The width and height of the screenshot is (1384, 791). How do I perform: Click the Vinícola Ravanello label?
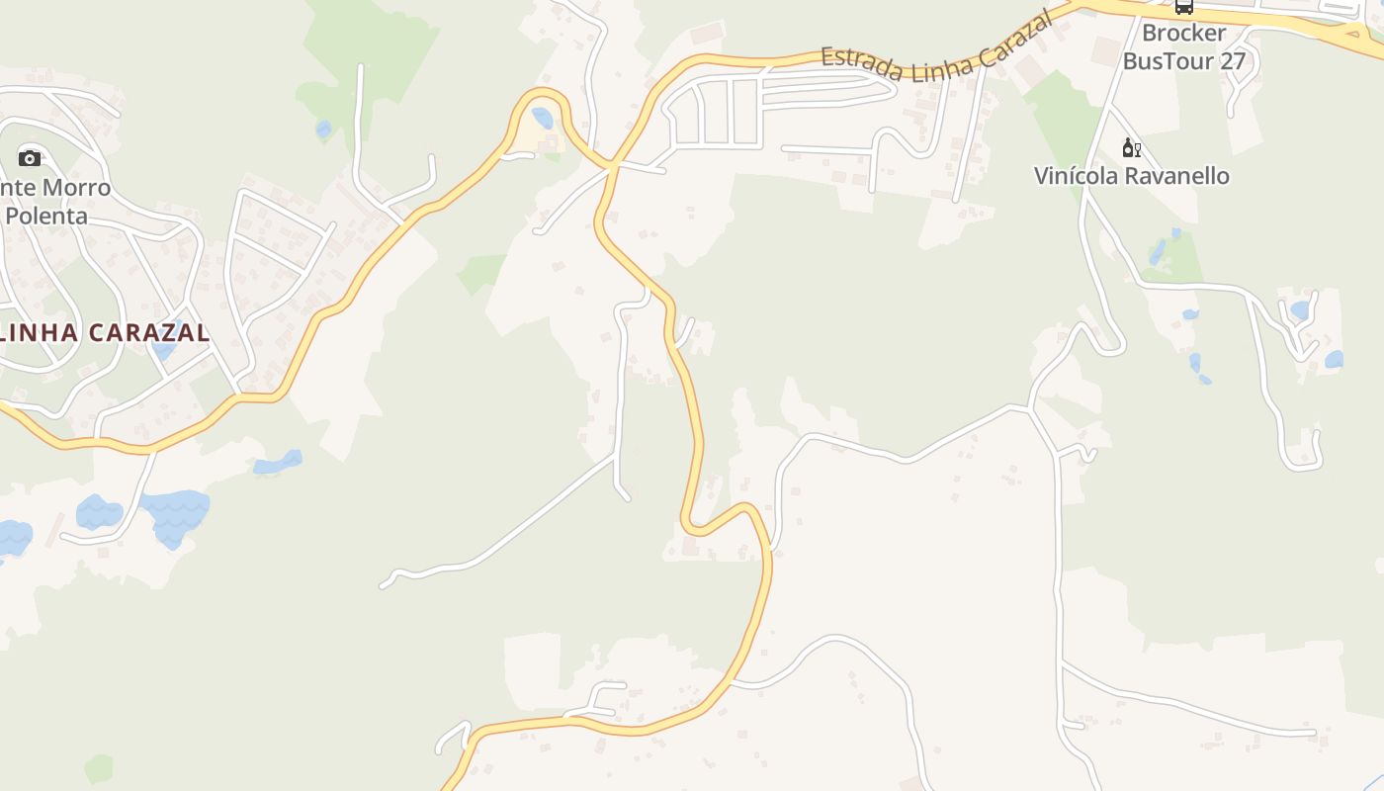pos(1132,176)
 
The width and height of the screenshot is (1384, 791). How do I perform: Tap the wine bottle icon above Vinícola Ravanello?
pos(1131,148)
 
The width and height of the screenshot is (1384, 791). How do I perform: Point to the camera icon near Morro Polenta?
pos(30,158)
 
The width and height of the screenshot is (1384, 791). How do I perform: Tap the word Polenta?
pos(46,215)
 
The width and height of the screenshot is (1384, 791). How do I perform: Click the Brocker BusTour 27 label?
pos(1183,46)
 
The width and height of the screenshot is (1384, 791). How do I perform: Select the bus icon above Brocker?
pos(1183,7)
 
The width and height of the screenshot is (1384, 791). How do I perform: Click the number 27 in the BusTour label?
pos(1232,61)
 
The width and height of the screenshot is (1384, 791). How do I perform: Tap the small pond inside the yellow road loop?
pos(542,118)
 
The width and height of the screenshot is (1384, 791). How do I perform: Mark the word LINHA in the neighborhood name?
pos(41,332)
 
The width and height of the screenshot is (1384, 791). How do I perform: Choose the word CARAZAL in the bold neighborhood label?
pos(149,332)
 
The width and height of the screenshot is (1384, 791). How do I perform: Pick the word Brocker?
pos(1183,33)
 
